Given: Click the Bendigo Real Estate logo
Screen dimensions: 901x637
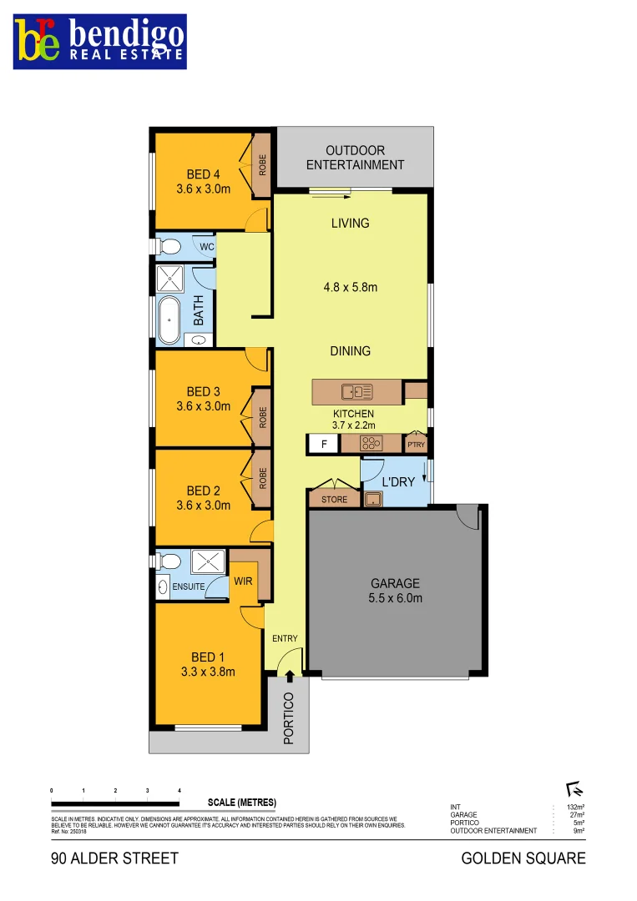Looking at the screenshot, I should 99,42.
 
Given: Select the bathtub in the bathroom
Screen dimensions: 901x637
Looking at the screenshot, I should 170,320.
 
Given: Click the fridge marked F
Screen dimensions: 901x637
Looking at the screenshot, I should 323,445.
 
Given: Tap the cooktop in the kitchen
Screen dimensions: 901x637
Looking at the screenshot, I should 370,444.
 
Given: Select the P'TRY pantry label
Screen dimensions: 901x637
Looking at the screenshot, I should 416,445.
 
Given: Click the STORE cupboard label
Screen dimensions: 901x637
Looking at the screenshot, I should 334,500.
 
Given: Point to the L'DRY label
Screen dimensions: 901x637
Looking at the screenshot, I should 398,482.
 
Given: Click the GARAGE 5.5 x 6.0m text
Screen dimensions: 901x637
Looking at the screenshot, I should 396,591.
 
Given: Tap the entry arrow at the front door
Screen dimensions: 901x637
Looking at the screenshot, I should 289,677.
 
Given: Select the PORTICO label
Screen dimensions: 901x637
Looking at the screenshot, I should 289,717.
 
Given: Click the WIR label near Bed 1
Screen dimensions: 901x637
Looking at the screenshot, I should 243,580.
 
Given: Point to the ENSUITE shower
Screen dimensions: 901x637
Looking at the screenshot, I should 204,562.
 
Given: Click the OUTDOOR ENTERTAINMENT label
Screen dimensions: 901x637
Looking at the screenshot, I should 355,158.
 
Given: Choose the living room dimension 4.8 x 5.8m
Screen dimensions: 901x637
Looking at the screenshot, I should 351,288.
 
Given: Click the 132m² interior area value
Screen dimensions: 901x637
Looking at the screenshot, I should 574,808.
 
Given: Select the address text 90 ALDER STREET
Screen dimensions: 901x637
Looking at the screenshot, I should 114,858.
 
